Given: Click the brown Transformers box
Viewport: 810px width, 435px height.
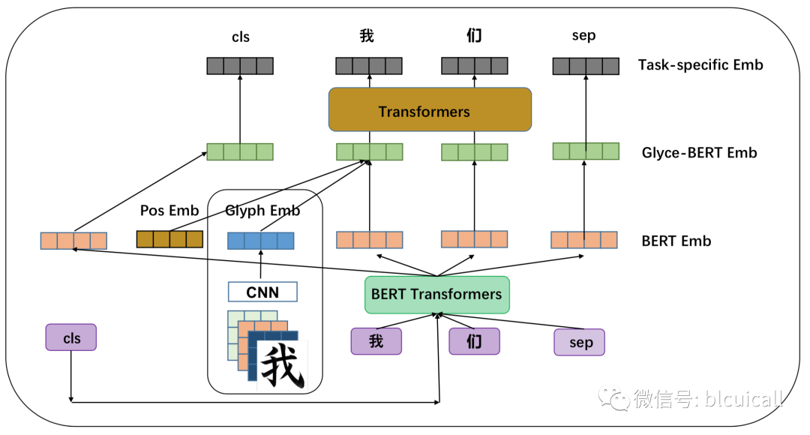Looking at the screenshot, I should click(x=430, y=110).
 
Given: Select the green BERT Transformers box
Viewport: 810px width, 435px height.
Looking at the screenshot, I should click(x=436, y=294).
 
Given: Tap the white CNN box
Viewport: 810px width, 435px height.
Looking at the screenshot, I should click(x=262, y=292).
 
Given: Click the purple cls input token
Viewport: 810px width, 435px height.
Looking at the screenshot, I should click(x=72, y=338).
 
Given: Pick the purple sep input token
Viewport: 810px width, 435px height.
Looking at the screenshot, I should click(x=579, y=342).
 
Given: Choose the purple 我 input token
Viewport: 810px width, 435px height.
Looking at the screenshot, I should click(x=376, y=341).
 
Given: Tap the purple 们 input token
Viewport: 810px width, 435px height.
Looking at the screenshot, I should click(x=474, y=341).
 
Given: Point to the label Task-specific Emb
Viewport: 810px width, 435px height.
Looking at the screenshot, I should click(x=700, y=64).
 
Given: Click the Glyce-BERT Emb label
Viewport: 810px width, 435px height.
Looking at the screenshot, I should click(x=699, y=153).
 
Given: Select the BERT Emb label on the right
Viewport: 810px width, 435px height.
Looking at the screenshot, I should click(x=676, y=241).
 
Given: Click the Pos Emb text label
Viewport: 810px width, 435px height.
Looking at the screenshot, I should click(x=169, y=211).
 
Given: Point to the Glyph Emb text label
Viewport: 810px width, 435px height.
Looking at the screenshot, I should click(x=262, y=211).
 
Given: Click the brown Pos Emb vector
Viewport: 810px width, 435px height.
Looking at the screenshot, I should click(x=169, y=239).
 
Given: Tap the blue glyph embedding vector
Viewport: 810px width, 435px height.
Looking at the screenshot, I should click(x=260, y=241).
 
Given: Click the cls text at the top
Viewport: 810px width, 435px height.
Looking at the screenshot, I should click(x=240, y=36).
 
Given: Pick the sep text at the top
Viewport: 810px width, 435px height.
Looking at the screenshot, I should click(x=583, y=36).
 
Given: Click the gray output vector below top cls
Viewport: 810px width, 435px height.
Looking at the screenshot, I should click(x=240, y=66).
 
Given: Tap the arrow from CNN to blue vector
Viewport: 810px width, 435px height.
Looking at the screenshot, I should click(x=260, y=265).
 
